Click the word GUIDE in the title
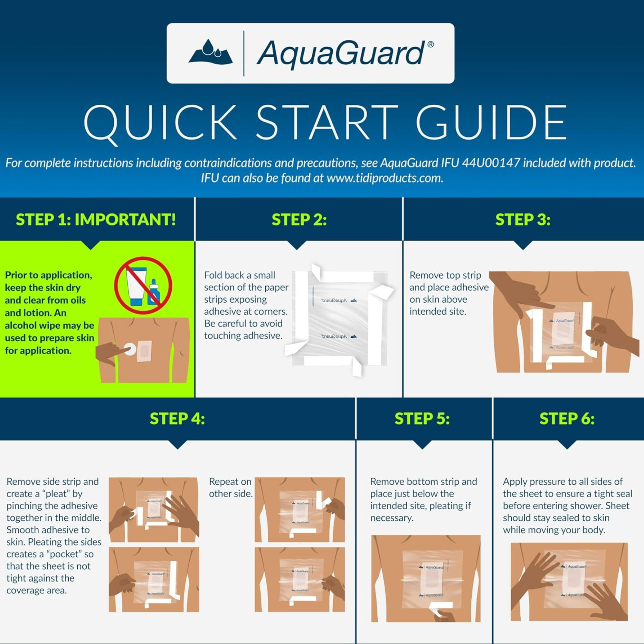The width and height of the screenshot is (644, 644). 491,123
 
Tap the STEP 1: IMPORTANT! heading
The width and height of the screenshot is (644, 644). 96,220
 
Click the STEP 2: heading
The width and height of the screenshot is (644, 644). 299,220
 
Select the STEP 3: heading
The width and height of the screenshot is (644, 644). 523,220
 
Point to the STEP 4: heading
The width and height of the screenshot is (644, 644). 177,419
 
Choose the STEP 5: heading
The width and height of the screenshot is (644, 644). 422,419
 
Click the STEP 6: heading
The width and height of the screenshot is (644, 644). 567,419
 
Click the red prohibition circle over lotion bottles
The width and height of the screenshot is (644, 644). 143,285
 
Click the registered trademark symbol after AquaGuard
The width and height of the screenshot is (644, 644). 430,44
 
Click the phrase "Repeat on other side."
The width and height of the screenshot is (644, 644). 231,488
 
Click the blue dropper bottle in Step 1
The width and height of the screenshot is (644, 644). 154,293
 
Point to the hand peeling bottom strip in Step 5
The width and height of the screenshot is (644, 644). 445,615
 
